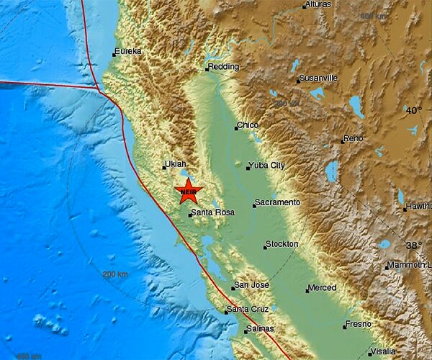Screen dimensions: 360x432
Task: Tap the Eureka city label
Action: [x=128, y=51]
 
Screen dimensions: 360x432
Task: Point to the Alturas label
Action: [x=317, y=5]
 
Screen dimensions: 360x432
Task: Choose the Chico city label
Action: [x=248, y=125]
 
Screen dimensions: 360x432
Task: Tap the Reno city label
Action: [x=354, y=139]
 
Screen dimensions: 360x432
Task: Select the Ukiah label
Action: [x=176, y=164]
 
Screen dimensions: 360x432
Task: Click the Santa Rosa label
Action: [x=212, y=212]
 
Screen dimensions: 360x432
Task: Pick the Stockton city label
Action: [x=282, y=244]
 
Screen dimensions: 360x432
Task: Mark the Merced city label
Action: [x=322, y=288]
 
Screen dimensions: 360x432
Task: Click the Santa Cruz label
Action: [x=248, y=310]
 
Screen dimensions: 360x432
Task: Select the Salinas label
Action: [x=260, y=329]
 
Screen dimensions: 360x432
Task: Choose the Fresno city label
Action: [x=358, y=324]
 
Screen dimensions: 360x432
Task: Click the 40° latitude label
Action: [x=413, y=110]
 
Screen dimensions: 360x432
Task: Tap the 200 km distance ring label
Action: [x=114, y=274]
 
